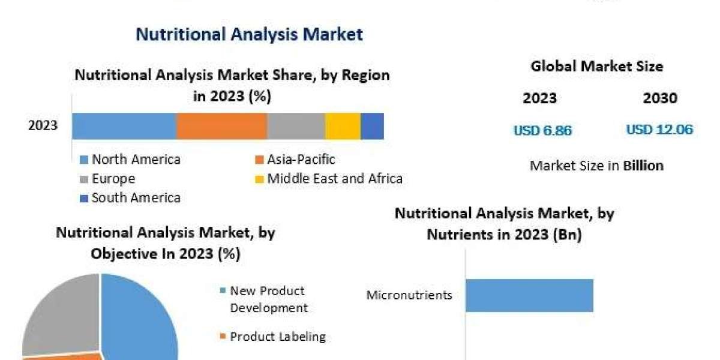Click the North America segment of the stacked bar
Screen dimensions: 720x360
click(x=124, y=126)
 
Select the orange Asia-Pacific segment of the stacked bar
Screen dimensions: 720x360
click(x=222, y=126)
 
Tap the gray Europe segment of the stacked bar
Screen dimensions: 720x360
click(x=296, y=126)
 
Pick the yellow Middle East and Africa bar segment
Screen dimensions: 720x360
click(x=343, y=126)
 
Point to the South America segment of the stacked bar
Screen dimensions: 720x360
click(x=372, y=126)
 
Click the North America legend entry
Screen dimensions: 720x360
click(x=130, y=160)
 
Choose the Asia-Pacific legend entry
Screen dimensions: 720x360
click(x=295, y=160)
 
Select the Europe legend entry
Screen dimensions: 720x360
click(x=107, y=179)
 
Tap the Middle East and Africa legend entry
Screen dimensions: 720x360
click(x=329, y=178)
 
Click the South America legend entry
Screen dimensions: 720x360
click(x=130, y=197)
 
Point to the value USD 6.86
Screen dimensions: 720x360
click(x=543, y=131)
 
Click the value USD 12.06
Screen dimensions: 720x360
click(x=659, y=130)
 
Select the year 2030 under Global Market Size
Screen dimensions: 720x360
click(x=660, y=98)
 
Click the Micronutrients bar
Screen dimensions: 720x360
click(x=529, y=295)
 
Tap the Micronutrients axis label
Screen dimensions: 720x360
click(x=409, y=295)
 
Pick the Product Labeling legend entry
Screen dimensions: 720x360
click(x=273, y=337)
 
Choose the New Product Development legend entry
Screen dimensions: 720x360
click(x=264, y=299)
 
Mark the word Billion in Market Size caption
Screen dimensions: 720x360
click(x=643, y=166)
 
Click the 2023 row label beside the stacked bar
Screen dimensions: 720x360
click(x=43, y=125)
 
